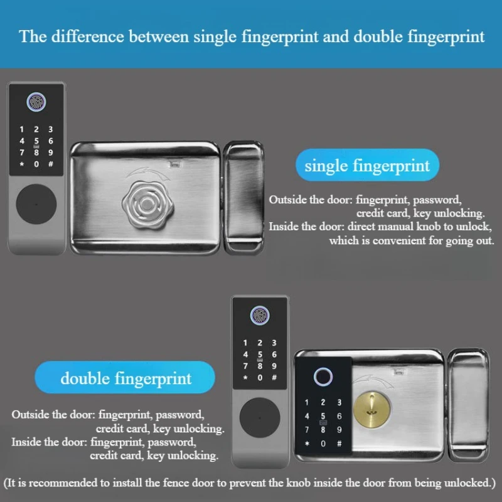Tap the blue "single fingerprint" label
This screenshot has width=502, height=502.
coord(367,166)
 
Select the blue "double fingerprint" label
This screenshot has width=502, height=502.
coord(126,378)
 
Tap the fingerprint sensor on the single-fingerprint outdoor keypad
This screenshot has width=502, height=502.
coord(36,102)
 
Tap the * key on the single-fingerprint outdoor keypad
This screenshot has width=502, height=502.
coord(22,164)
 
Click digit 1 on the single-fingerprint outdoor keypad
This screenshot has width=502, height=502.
coord(22,129)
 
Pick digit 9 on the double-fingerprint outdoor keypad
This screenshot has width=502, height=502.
coord(274,366)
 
